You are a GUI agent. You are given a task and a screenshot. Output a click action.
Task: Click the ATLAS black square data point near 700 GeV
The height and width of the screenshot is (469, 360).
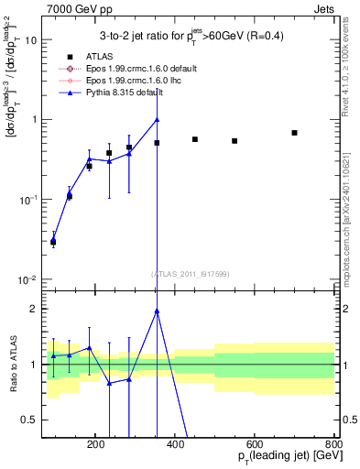[295, 133]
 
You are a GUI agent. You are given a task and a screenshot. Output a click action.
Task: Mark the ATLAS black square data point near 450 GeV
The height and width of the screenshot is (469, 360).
[195, 139]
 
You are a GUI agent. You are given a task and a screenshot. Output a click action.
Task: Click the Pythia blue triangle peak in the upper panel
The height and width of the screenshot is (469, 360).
[158, 119]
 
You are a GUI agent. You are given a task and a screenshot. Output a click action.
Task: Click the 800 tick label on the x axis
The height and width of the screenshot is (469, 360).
[335, 443]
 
